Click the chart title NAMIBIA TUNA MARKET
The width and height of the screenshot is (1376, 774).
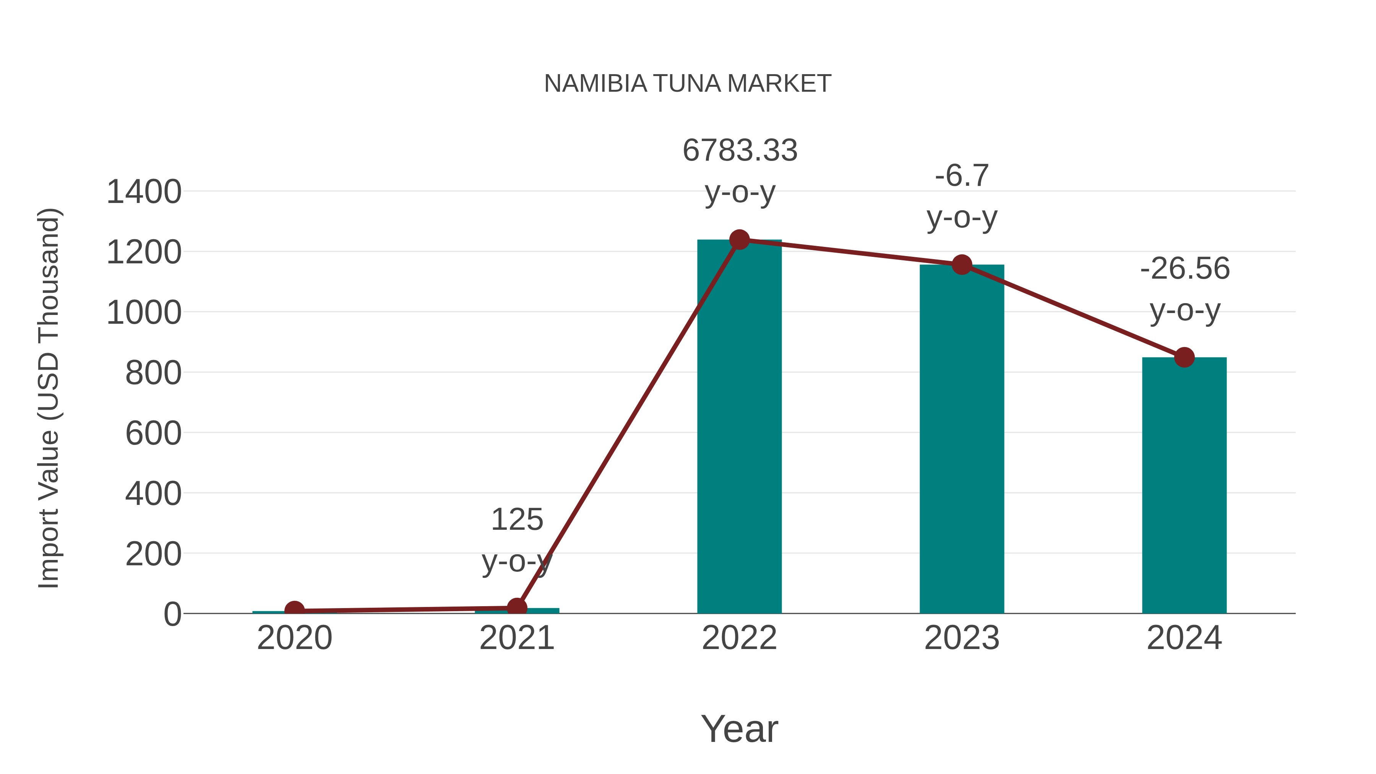tap(688, 84)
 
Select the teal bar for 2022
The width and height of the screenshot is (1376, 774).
tap(739, 427)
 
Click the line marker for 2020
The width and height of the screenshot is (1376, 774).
tap(294, 610)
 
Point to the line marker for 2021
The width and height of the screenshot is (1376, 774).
tap(516, 607)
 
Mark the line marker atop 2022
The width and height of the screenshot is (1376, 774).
tap(739, 240)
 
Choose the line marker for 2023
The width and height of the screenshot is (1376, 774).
tap(962, 264)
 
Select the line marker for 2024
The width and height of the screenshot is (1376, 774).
tap(1184, 357)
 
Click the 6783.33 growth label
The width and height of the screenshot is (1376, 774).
tap(740, 151)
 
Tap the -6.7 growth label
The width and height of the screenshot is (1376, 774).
tap(962, 176)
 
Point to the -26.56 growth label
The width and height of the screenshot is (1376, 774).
tap(1185, 269)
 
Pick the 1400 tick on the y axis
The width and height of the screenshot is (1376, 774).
tap(144, 192)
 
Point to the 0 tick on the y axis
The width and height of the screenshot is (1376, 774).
tap(172, 614)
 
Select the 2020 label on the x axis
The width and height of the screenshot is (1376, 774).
tap(294, 638)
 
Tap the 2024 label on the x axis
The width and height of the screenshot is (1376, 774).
tap(1184, 638)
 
